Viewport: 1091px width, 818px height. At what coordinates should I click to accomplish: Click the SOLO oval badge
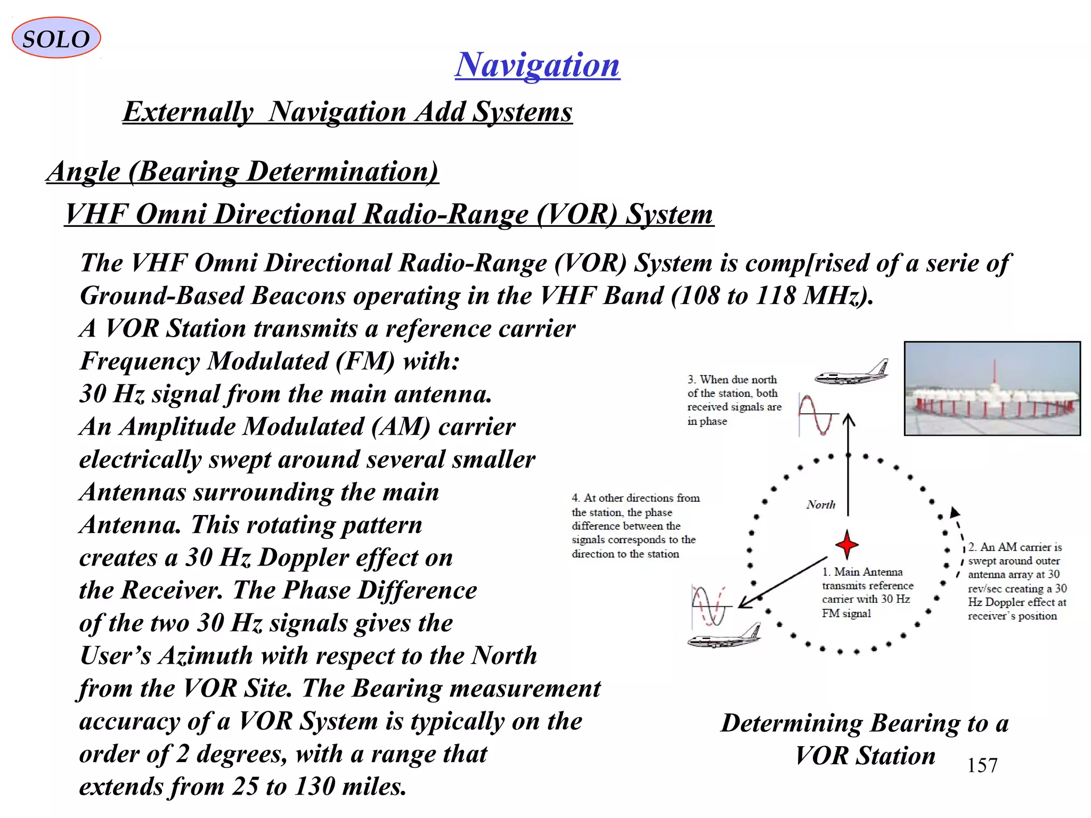[x=56, y=38]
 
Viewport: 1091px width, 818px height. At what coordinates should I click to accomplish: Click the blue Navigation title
[x=537, y=65]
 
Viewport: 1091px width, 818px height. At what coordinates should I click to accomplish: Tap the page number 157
[x=982, y=765]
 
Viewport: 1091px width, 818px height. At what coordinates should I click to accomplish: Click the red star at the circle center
[x=846, y=544]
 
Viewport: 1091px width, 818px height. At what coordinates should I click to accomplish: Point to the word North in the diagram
[x=820, y=504]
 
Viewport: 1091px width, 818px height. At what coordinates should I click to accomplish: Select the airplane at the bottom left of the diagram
[x=724, y=636]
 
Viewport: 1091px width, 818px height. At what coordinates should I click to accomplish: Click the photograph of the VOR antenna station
[x=992, y=389]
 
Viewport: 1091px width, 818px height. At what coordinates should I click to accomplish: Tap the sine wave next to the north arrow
[x=817, y=415]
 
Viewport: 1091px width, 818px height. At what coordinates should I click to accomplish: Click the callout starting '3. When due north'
[x=734, y=400]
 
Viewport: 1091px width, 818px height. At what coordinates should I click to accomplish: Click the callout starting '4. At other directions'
[x=634, y=526]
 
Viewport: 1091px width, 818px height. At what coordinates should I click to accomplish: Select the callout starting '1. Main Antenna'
[x=867, y=592]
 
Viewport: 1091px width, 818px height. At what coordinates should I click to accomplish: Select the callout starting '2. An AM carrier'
[x=1017, y=581]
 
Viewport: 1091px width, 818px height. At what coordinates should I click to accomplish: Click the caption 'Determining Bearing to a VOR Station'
[x=865, y=739]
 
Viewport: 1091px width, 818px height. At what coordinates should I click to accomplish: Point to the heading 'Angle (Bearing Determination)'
[x=242, y=172]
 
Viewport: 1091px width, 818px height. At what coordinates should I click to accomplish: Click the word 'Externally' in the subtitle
[x=188, y=112]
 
